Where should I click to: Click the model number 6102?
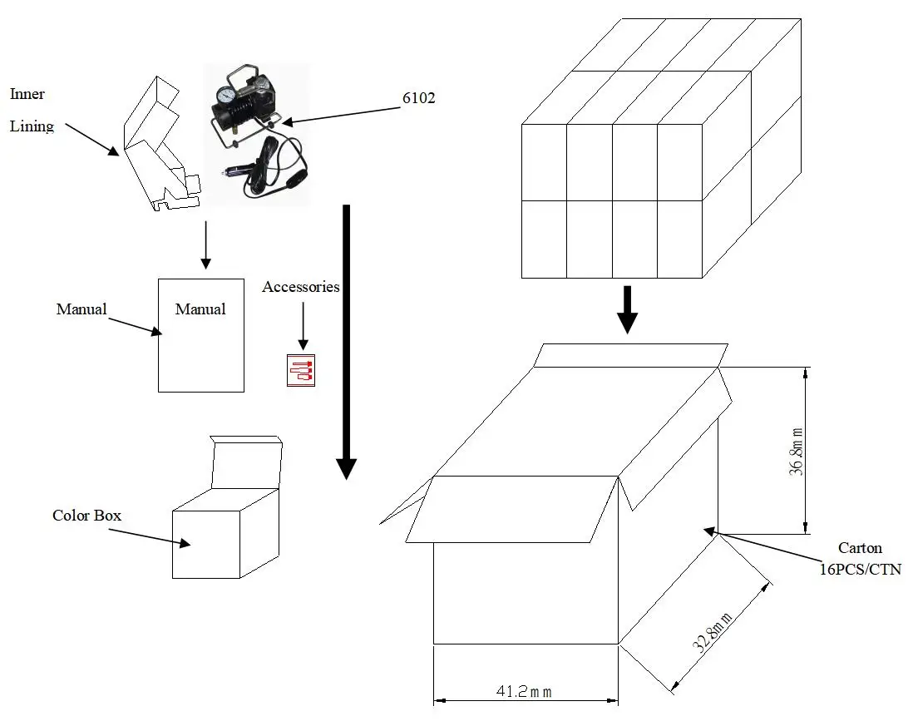[418, 98]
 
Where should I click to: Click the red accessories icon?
[300, 370]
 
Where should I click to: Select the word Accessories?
[300, 287]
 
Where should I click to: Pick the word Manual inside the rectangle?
[200, 309]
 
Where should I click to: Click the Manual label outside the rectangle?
[81, 309]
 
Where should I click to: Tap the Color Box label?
[86, 516]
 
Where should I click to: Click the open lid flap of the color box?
[246, 462]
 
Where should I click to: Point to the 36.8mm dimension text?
[796, 452]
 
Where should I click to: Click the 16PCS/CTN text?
[860, 570]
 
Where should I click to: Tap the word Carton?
[860, 548]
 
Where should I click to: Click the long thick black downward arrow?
[347, 341]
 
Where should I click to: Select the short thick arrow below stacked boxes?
[629, 309]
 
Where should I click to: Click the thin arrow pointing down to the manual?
[205, 245]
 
